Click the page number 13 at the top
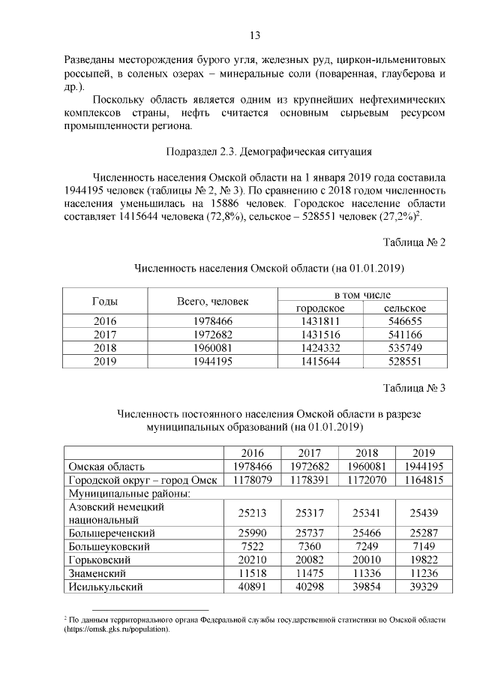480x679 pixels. pos(254,35)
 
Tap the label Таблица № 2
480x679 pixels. pos(414,242)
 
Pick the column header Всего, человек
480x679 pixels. pos(211,302)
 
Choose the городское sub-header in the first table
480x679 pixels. pos(320,308)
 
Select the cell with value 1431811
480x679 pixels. pos(320,321)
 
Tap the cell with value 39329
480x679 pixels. pos(423,587)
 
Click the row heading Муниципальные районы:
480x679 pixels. pos(118,494)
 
